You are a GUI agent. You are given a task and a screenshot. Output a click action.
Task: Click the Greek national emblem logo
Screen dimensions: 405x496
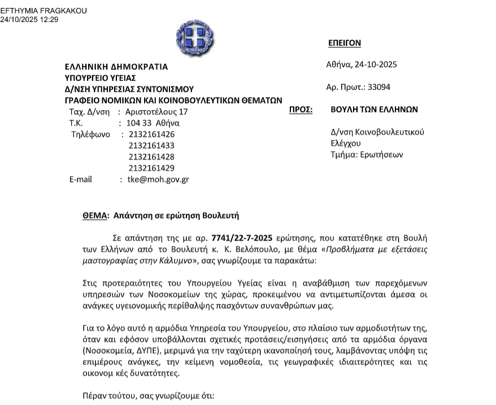[x=195, y=36]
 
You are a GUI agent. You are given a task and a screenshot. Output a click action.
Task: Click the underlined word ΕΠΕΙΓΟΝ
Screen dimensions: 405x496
[x=344, y=43]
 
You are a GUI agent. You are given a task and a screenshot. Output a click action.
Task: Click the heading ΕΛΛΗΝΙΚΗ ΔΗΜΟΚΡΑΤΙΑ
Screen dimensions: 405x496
[x=116, y=67]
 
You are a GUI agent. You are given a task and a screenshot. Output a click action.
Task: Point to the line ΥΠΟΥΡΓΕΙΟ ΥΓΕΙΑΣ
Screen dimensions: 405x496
[x=100, y=78]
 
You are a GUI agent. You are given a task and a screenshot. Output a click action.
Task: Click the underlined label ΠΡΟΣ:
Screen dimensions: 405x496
[x=301, y=110]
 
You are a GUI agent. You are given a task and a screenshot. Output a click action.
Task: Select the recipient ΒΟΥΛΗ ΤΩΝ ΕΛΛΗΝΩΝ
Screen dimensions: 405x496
[x=374, y=110]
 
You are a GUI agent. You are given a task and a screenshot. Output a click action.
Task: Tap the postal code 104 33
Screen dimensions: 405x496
[x=138, y=123]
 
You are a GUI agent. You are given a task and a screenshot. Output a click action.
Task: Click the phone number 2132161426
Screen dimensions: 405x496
[x=151, y=134]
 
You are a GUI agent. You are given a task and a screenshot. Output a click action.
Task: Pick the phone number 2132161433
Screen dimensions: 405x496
[x=151, y=146]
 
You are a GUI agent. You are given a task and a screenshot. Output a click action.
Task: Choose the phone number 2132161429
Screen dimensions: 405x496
[x=151, y=168]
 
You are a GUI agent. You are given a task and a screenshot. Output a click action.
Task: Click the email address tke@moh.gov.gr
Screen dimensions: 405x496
[x=158, y=180]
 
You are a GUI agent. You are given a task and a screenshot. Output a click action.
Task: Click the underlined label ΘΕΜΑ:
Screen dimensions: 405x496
[x=95, y=216]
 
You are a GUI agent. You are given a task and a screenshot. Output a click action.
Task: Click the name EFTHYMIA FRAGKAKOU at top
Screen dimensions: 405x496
[x=43, y=11]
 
